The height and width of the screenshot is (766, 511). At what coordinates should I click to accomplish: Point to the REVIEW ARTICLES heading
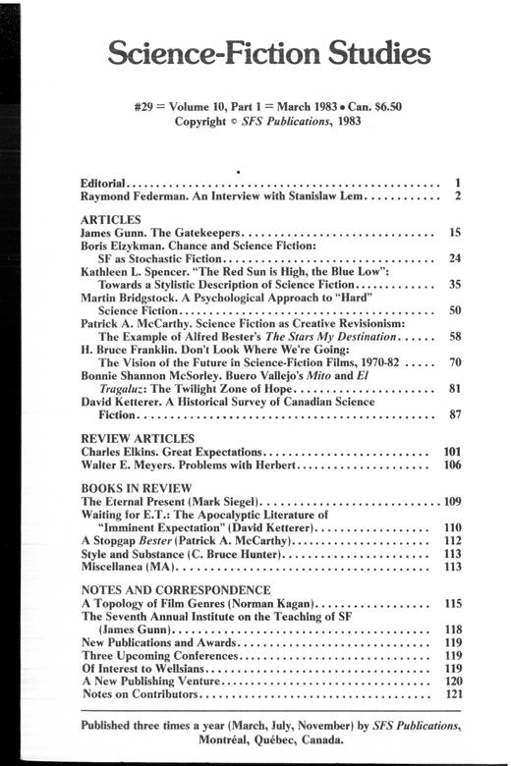click(137, 437)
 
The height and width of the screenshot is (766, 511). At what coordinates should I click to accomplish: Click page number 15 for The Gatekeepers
click(454, 234)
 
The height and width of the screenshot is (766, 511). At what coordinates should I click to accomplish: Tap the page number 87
click(454, 414)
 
